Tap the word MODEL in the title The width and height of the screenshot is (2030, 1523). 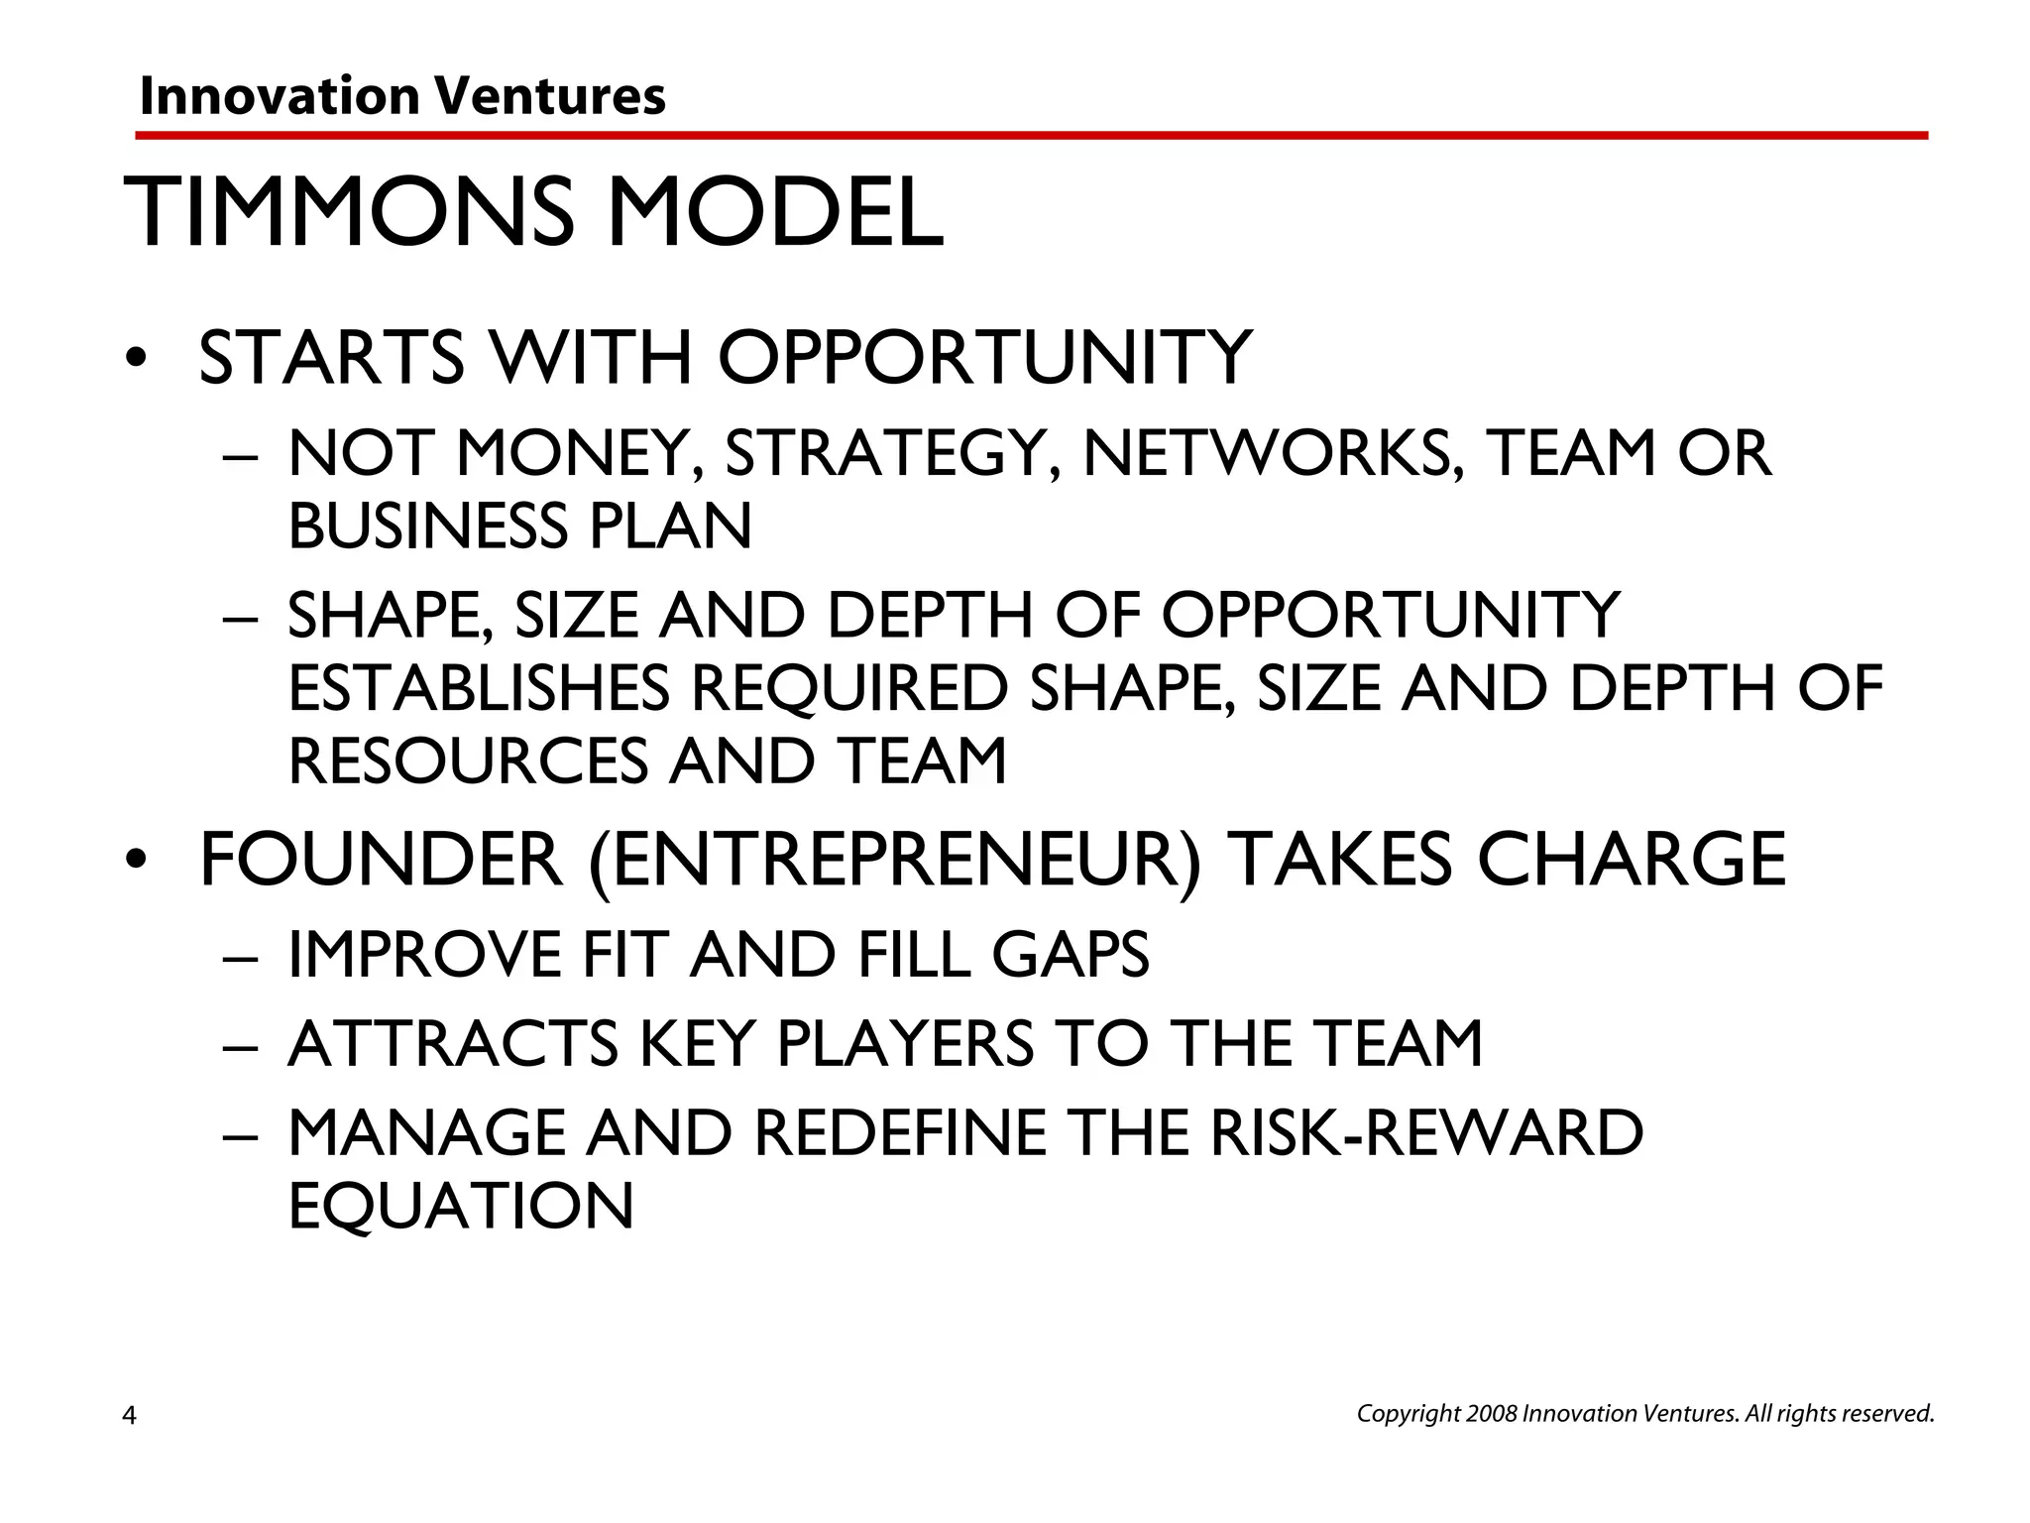tap(774, 212)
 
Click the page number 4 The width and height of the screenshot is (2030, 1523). tap(129, 1415)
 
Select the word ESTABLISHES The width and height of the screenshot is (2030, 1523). tap(479, 688)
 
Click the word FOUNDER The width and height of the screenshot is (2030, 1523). tap(381, 860)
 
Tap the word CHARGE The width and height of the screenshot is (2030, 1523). tap(1632, 860)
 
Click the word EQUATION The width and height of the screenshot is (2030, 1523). tap(461, 1206)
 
